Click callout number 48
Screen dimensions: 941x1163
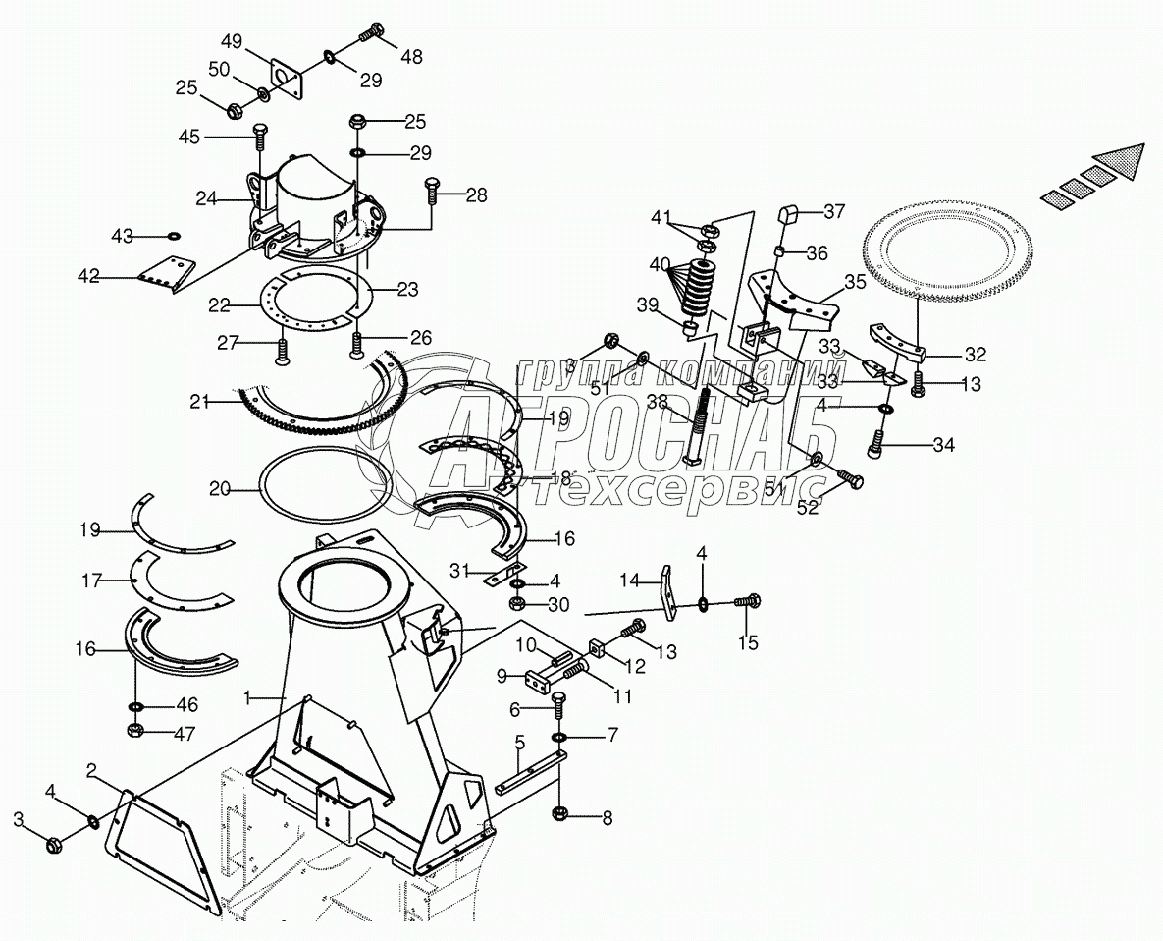(411, 56)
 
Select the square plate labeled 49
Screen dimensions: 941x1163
(286, 77)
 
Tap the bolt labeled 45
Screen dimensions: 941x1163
(260, 132)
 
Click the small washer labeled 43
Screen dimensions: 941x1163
(174, 237)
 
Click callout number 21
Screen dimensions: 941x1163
(201, 400)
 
